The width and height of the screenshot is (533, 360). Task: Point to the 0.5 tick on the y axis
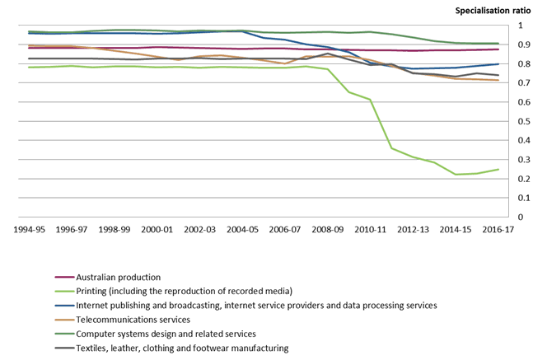click(x=517, y=121)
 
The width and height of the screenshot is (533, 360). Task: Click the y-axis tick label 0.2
click(x=517, y=179)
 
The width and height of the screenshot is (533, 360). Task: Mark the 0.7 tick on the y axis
click(x=517, y=83)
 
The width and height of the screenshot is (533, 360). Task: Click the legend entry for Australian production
click(x=118, y=277)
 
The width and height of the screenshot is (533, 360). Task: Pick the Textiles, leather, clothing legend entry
click(x=181, y=348)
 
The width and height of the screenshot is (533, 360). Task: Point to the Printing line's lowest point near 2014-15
click(x=456, y=174)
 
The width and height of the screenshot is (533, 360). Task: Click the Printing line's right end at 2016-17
click(x=498, y=170)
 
